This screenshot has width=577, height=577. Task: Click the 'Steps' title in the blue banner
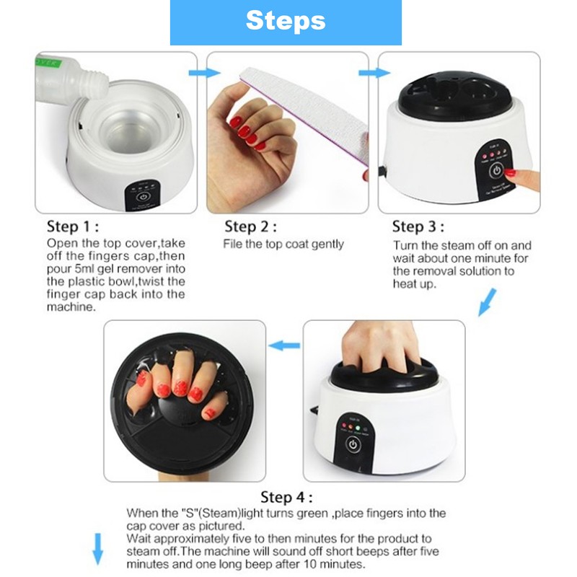click(x=286, y=21)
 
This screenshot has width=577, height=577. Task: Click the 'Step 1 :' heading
click(x=79, y=225)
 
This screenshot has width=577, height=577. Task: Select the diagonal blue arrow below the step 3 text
click(x=489, y=301)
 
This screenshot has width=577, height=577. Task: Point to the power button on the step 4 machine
click(x=353, y=444)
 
